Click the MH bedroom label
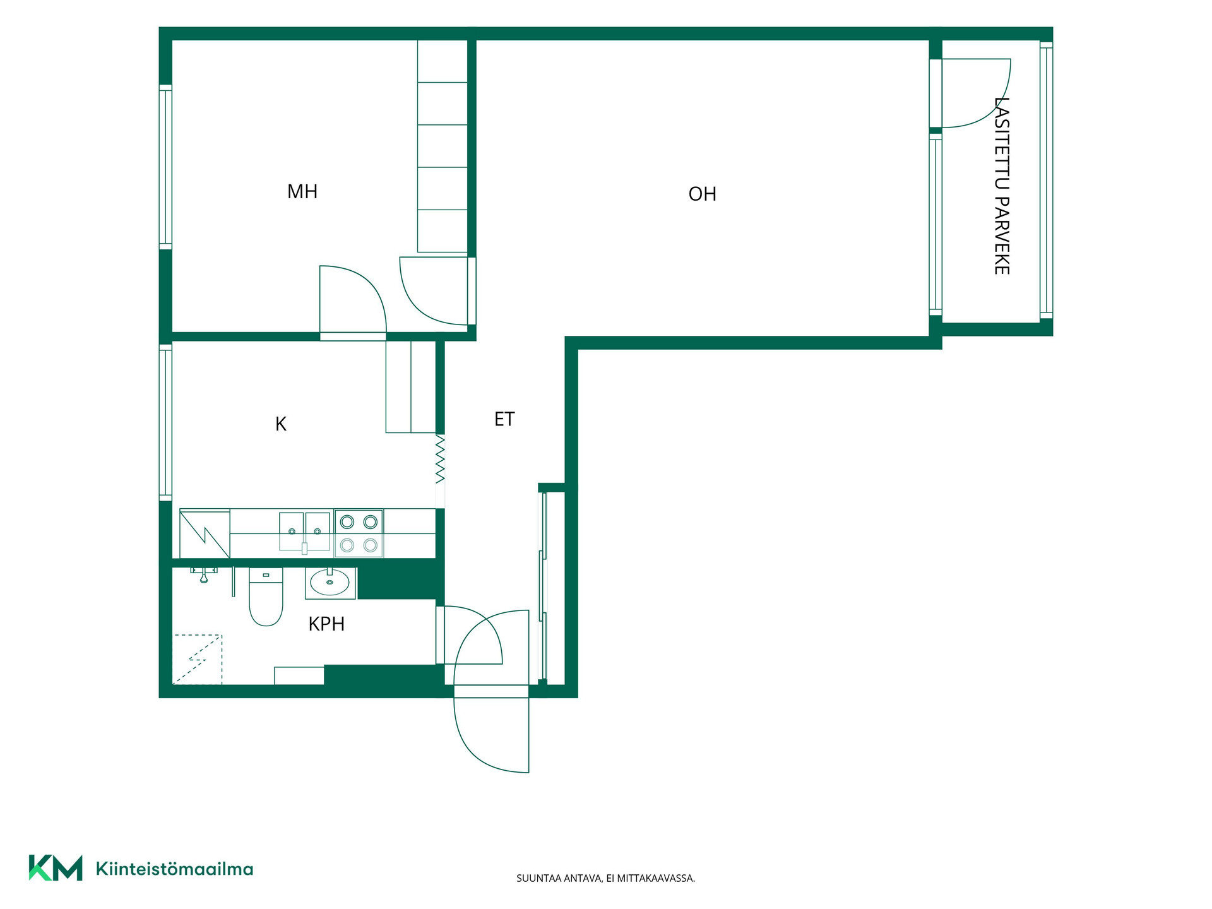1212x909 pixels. (x=302, y=191)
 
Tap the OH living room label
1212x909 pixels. (x=703, y=194)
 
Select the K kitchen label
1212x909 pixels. (x=281, y=424)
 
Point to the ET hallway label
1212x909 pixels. (x=504, y=419)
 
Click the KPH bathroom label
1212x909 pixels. (x=326, y=624)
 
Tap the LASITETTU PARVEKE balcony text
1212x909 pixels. (x=1002, y=186)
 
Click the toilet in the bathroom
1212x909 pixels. (x=266, y=597)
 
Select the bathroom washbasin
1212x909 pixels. (x=330, y=583)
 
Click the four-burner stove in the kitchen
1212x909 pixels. (x=359, y=533)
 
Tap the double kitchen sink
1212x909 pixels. (x=305, y=532)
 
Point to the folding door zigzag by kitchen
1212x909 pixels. (x=440, y=460)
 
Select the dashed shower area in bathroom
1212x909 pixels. (x=197, y=659)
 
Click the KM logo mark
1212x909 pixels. (x=56, y=868)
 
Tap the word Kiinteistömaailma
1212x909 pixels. (x=174, y=869)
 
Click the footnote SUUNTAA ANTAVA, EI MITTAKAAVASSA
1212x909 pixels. (x=605, y=878)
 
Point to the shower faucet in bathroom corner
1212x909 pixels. (x=204, y=574)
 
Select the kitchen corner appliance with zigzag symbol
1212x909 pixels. (x=205, y=534)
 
